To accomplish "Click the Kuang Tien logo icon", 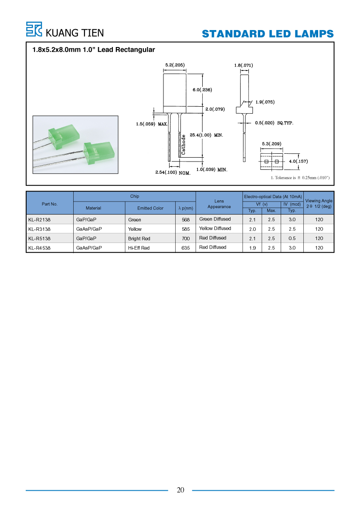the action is pyautogui.click(x=34, y=29).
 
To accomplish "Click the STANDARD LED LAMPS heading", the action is pyautogui.click(x=268, y=34).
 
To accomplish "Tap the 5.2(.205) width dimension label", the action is pyautogui.click(x=175, y=65).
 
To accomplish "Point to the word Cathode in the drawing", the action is pyautogui.click(x=183, y=145).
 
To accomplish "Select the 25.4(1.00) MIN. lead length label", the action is pyautogui.click(x=206, y=135).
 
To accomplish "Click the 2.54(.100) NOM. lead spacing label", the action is pyautogui.click(x=173, y=172).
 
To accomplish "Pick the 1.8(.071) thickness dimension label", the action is pyautogui.click(x=244, y=65).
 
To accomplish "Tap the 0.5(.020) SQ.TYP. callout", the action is pyautogui.click(x=274, y=123).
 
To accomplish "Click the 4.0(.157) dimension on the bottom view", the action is pyautogui.click(x=298, y=162).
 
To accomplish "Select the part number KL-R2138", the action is pyautogui.click(x=39, y=220).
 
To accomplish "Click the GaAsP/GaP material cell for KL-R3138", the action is pyautogui.click(x=89, y=229).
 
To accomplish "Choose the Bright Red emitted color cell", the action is pyautogui.click(x=139, y=239).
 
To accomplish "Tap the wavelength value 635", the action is pyautogui.click(x=186, y=248).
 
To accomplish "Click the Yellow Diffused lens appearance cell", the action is pyautogui.click(x=215, y=229).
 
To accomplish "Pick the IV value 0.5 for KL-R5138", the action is pyautogui.click(x=292, y=239).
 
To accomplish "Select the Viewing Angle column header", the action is pyautogui.click(x=319, y=203).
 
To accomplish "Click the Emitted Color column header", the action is pyautogui.click(x=150, y=209).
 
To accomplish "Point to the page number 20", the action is pyautogui.click(x=180, y=490).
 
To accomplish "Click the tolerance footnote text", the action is pyautogui.click(x=300, y=178).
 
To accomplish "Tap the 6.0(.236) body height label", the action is pyautogui.click(x=202, y=90).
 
